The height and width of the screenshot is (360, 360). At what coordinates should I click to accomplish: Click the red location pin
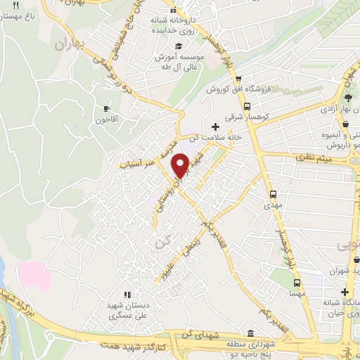click(181, 164)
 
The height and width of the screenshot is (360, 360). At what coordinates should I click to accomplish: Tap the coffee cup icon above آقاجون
click(107, 108)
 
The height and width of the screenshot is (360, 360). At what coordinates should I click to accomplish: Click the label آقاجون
click(107, 120)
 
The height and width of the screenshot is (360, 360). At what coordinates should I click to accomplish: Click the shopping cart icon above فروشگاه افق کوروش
click(239, 79)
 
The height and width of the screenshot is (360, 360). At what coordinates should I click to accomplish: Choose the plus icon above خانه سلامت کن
click(214, 127)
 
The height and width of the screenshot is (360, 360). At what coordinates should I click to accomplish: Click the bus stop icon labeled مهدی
click(274, 194)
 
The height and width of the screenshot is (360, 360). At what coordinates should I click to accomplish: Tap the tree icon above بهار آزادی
click(349, 97)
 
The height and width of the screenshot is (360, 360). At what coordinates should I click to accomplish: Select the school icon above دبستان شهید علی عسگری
click(127, 294)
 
